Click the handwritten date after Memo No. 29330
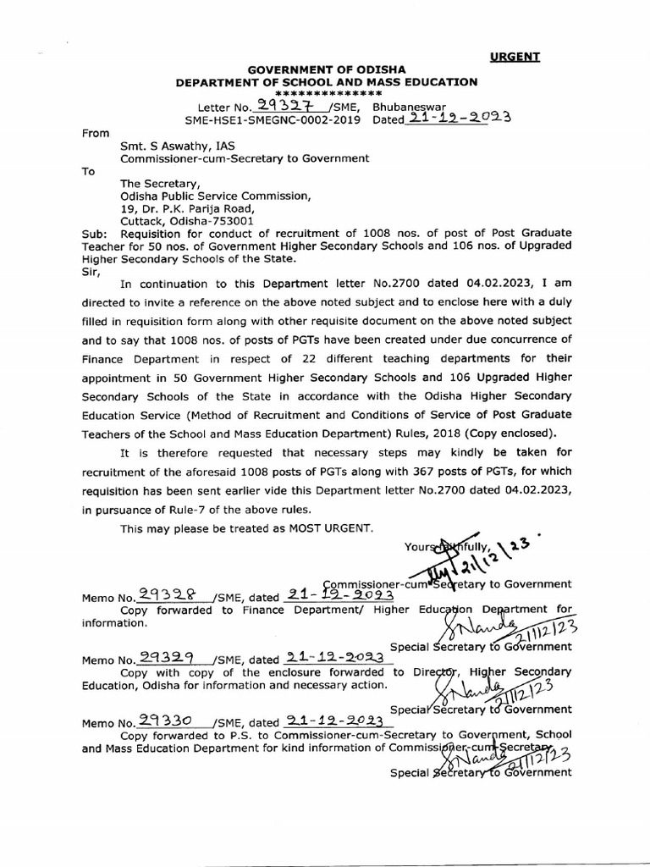336,721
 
